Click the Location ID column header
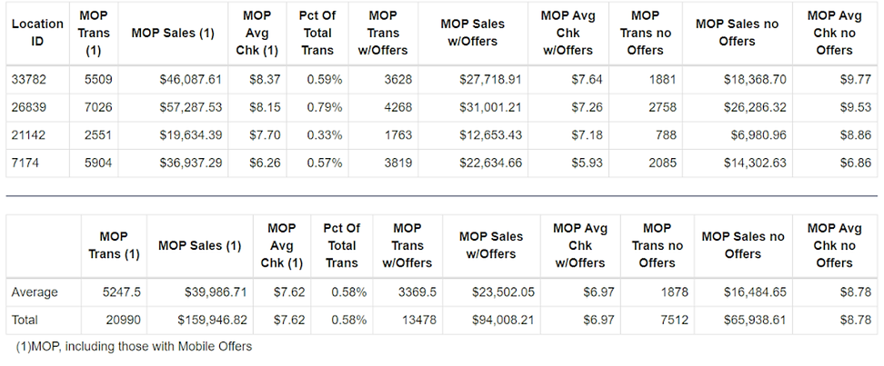[37, 33]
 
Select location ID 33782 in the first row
[29, 80]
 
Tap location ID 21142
[29, 135]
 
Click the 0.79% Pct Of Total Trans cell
[324, 107]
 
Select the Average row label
[35, 292]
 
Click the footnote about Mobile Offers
[135, 346]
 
